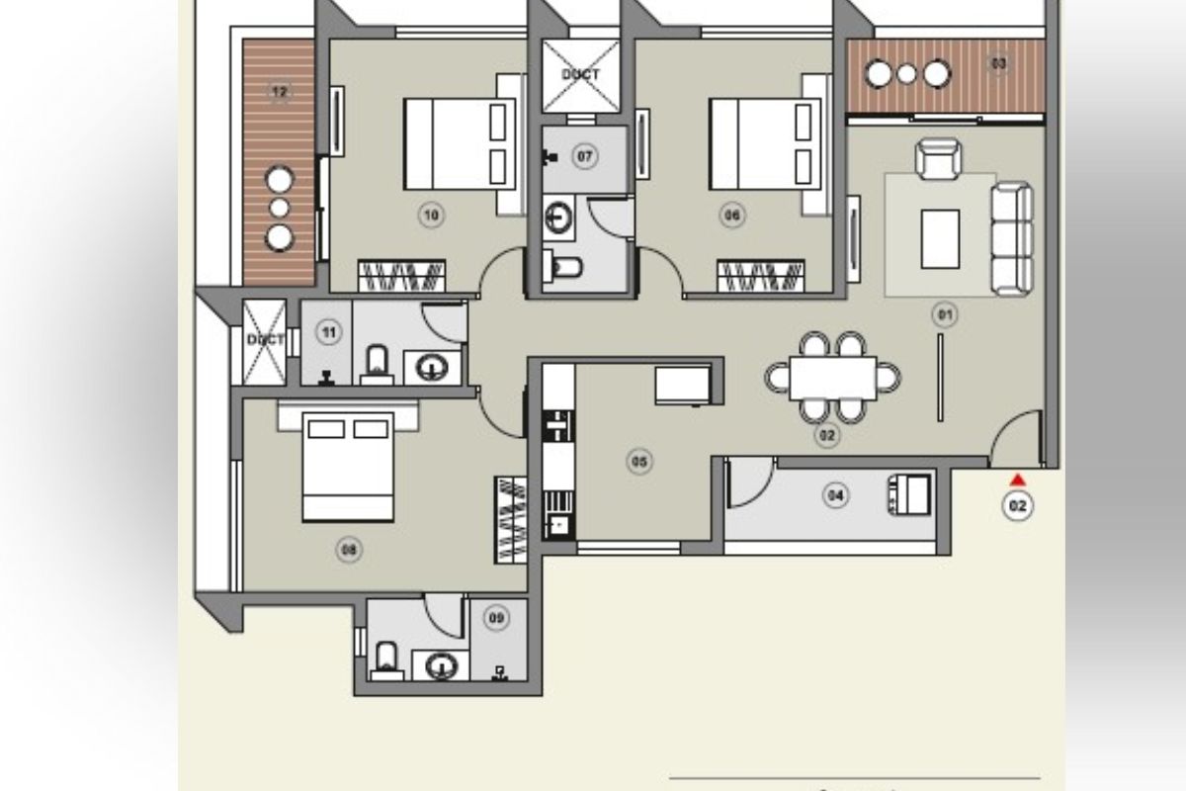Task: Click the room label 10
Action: point(431,215)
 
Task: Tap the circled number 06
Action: point(731,215)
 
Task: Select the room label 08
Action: point(348,550)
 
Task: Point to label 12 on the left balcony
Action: point(280,93)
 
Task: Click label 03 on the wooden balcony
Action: point(999,64)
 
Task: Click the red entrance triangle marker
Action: point(1017,481)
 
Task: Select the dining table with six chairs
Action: point(833,378)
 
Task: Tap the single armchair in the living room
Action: point(937,158)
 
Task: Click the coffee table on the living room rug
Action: point(940,238)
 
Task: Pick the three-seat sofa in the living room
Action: point(1011,238)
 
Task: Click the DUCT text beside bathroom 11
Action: point(265,339)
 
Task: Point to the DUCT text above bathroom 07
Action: point(580,74)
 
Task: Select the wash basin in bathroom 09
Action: point(439,665)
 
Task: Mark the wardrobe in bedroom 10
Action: point(400,275)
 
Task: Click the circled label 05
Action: point(639,461)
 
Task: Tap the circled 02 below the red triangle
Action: point(1017,506)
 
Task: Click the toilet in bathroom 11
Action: point(378,363)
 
